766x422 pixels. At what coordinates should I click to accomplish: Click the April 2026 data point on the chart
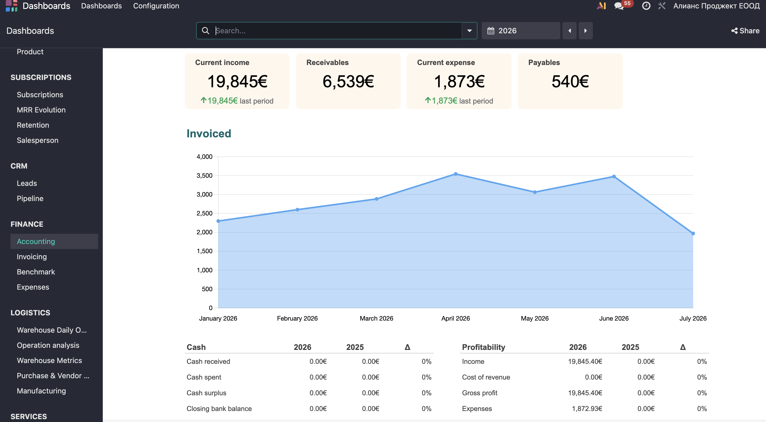[456, 174]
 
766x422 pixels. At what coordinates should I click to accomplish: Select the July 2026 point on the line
[693, 234]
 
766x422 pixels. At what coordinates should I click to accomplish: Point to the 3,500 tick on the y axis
[205, 176]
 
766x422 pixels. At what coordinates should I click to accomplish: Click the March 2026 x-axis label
[376, 318]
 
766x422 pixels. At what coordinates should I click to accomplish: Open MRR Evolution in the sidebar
[41, 110]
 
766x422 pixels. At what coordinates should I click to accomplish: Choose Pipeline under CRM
[30, 198]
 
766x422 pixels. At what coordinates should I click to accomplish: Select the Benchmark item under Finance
[36, 272]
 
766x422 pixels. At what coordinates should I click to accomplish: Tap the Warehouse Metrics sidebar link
[49, 360]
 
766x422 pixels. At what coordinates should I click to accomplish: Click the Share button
[745, 31]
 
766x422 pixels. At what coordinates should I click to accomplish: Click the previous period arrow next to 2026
[570, 31]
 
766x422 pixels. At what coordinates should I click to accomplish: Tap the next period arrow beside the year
[586, 31]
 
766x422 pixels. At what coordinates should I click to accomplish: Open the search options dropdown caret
[470, 31]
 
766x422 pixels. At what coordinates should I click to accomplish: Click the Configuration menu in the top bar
[156, 6]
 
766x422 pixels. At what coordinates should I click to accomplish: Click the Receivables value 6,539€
[348, 82]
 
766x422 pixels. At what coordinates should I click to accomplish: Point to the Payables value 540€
[570, 82]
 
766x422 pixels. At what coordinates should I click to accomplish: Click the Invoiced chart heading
[209, 134]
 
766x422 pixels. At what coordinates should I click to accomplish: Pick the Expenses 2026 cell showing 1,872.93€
[587, 409]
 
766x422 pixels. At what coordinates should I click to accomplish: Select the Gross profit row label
[480, 393]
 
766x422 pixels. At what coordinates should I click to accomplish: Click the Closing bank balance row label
[219, 409]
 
